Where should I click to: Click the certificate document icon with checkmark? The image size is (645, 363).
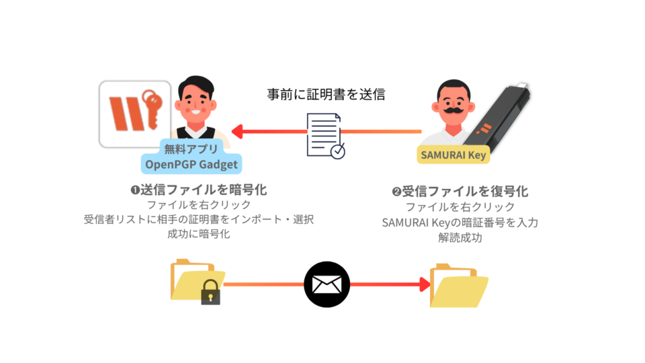click(326, 135)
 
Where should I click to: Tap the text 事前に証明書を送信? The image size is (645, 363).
click(325, 94)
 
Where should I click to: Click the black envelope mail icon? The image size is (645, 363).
click(327, 284)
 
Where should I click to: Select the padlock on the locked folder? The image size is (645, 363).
click(210, 293)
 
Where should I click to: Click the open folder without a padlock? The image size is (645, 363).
click(459, 286)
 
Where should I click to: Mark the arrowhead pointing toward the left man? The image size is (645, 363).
click(237, 131)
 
